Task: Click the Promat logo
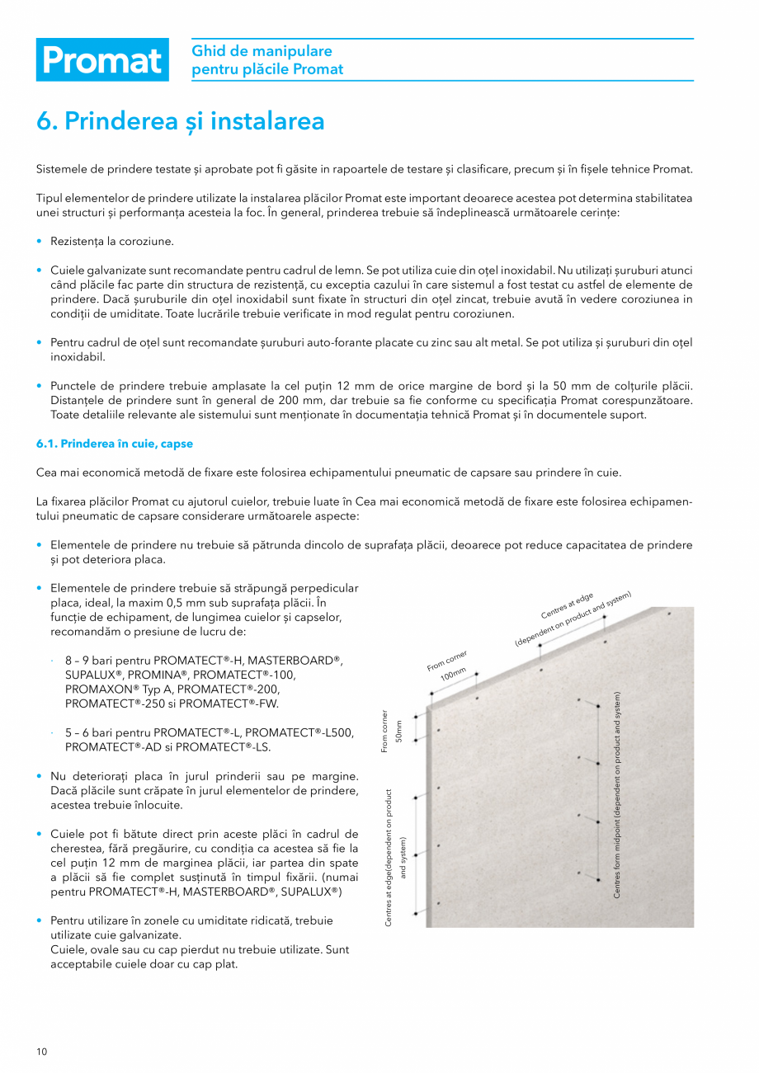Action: pyautogui.click(x=102, y=60)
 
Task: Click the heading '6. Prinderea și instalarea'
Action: pyautogui.click(x=180, y=121)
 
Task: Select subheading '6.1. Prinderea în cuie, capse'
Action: pyautogui.click(x=115, y=444)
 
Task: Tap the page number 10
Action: pyautogui.click(x=41, y=1051)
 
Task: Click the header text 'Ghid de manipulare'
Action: pyautogui.click(x=262, y=51)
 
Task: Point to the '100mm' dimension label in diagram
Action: pyautogui.click(x=452, y=672)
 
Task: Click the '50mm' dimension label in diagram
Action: pyautogui.click(x=399, y=732)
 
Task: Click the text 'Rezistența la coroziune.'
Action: pyautogui.click(x=112, y=241)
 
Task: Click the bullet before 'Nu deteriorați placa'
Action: pyautogui.click(x=40, y=776)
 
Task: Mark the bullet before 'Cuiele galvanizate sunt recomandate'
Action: pyautogui.click(x=40, y=271)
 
